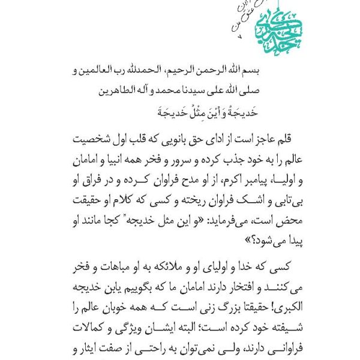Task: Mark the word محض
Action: [280, 221]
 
